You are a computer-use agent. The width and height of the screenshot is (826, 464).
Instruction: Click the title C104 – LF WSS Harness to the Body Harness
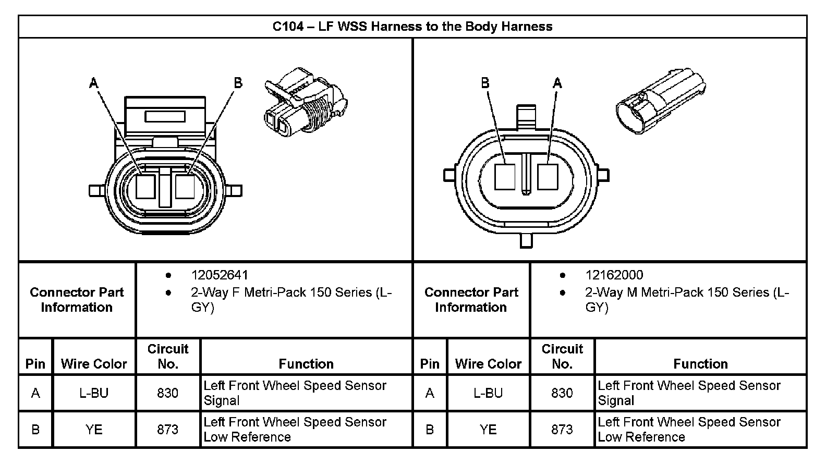(412, 27)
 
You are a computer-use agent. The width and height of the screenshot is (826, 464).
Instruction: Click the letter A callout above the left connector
(94, 83)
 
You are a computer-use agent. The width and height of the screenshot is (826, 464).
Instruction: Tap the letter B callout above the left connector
(238, 83)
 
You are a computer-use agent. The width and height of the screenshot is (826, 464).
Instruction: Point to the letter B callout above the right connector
(485, 83)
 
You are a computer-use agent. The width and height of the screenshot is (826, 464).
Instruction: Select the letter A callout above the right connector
(557, 83)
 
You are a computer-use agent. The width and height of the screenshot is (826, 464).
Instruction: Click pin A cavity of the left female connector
(145, 187)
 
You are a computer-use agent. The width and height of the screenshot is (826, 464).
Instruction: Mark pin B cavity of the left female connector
(185, 187)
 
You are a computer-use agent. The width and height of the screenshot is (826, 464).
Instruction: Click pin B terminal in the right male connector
(504, 177)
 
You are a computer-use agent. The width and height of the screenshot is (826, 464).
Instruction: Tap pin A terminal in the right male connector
(548, 177)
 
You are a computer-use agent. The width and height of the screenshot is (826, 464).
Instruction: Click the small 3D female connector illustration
(306, 102)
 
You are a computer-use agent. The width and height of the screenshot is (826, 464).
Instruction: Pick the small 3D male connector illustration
(660, 101)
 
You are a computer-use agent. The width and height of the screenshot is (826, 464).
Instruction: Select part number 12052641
(220, 275)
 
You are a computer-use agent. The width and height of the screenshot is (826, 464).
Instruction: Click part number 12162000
(614, 275)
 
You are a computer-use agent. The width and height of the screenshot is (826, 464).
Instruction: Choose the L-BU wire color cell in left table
(94, 393)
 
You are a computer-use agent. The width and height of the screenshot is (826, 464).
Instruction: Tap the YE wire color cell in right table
(488, 430)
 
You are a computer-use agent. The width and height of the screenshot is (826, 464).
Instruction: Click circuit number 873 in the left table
(168, 430)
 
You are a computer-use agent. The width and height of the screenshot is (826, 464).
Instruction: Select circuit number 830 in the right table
(562, 393)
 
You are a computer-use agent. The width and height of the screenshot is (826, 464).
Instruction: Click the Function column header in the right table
(700, 364)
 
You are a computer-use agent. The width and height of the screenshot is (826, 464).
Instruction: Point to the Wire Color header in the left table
(94, 364)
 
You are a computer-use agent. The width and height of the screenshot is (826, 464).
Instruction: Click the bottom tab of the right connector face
(526, 240)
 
